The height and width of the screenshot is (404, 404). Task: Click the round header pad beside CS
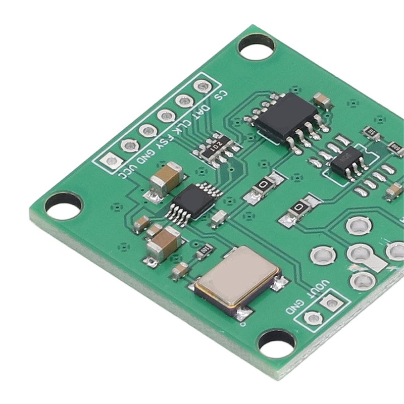(202, 87)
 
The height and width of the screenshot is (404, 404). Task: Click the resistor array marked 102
(217, 147)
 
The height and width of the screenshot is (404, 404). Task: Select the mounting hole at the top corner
(256, 46)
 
